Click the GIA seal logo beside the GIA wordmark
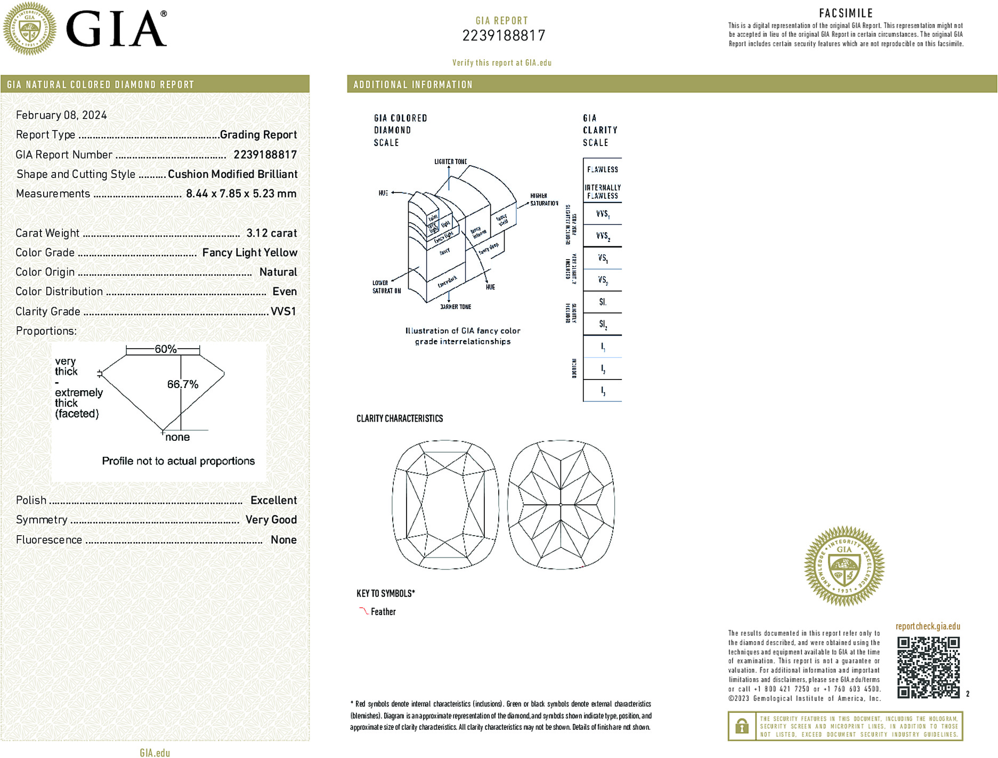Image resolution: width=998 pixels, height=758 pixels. pos(30,29)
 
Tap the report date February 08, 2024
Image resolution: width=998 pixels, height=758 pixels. pos(61,115)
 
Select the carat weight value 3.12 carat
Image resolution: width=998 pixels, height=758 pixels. pos(271,233)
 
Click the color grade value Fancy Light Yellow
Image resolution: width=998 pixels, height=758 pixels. pos(249,253)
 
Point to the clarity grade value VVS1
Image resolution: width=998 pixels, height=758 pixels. pos(283,311)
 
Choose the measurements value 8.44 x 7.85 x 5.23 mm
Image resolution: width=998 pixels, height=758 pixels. pos(241,193)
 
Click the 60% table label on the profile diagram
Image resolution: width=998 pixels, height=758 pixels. pos(165,349)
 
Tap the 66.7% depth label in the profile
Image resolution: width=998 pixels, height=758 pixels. pos(182,384)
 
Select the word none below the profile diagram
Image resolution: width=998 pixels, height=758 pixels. pos(177,437)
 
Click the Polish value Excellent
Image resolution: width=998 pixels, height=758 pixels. pos(273,500)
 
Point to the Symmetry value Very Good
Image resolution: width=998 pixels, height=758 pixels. pos(271,520)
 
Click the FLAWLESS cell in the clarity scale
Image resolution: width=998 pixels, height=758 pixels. pos(602,170)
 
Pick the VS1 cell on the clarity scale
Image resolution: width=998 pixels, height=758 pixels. pos(603,259)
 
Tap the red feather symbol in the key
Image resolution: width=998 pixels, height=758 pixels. pos(363,611)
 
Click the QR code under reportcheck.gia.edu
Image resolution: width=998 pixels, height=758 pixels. pos(928,667)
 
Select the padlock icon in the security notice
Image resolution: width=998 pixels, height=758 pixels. pos(742,726)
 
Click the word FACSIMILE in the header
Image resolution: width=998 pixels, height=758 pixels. pos(846,13)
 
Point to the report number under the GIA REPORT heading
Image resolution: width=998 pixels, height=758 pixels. pos(504,36)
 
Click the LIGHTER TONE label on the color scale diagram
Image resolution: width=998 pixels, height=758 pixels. pos(450,162)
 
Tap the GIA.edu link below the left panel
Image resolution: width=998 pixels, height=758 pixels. pos(155,753)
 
